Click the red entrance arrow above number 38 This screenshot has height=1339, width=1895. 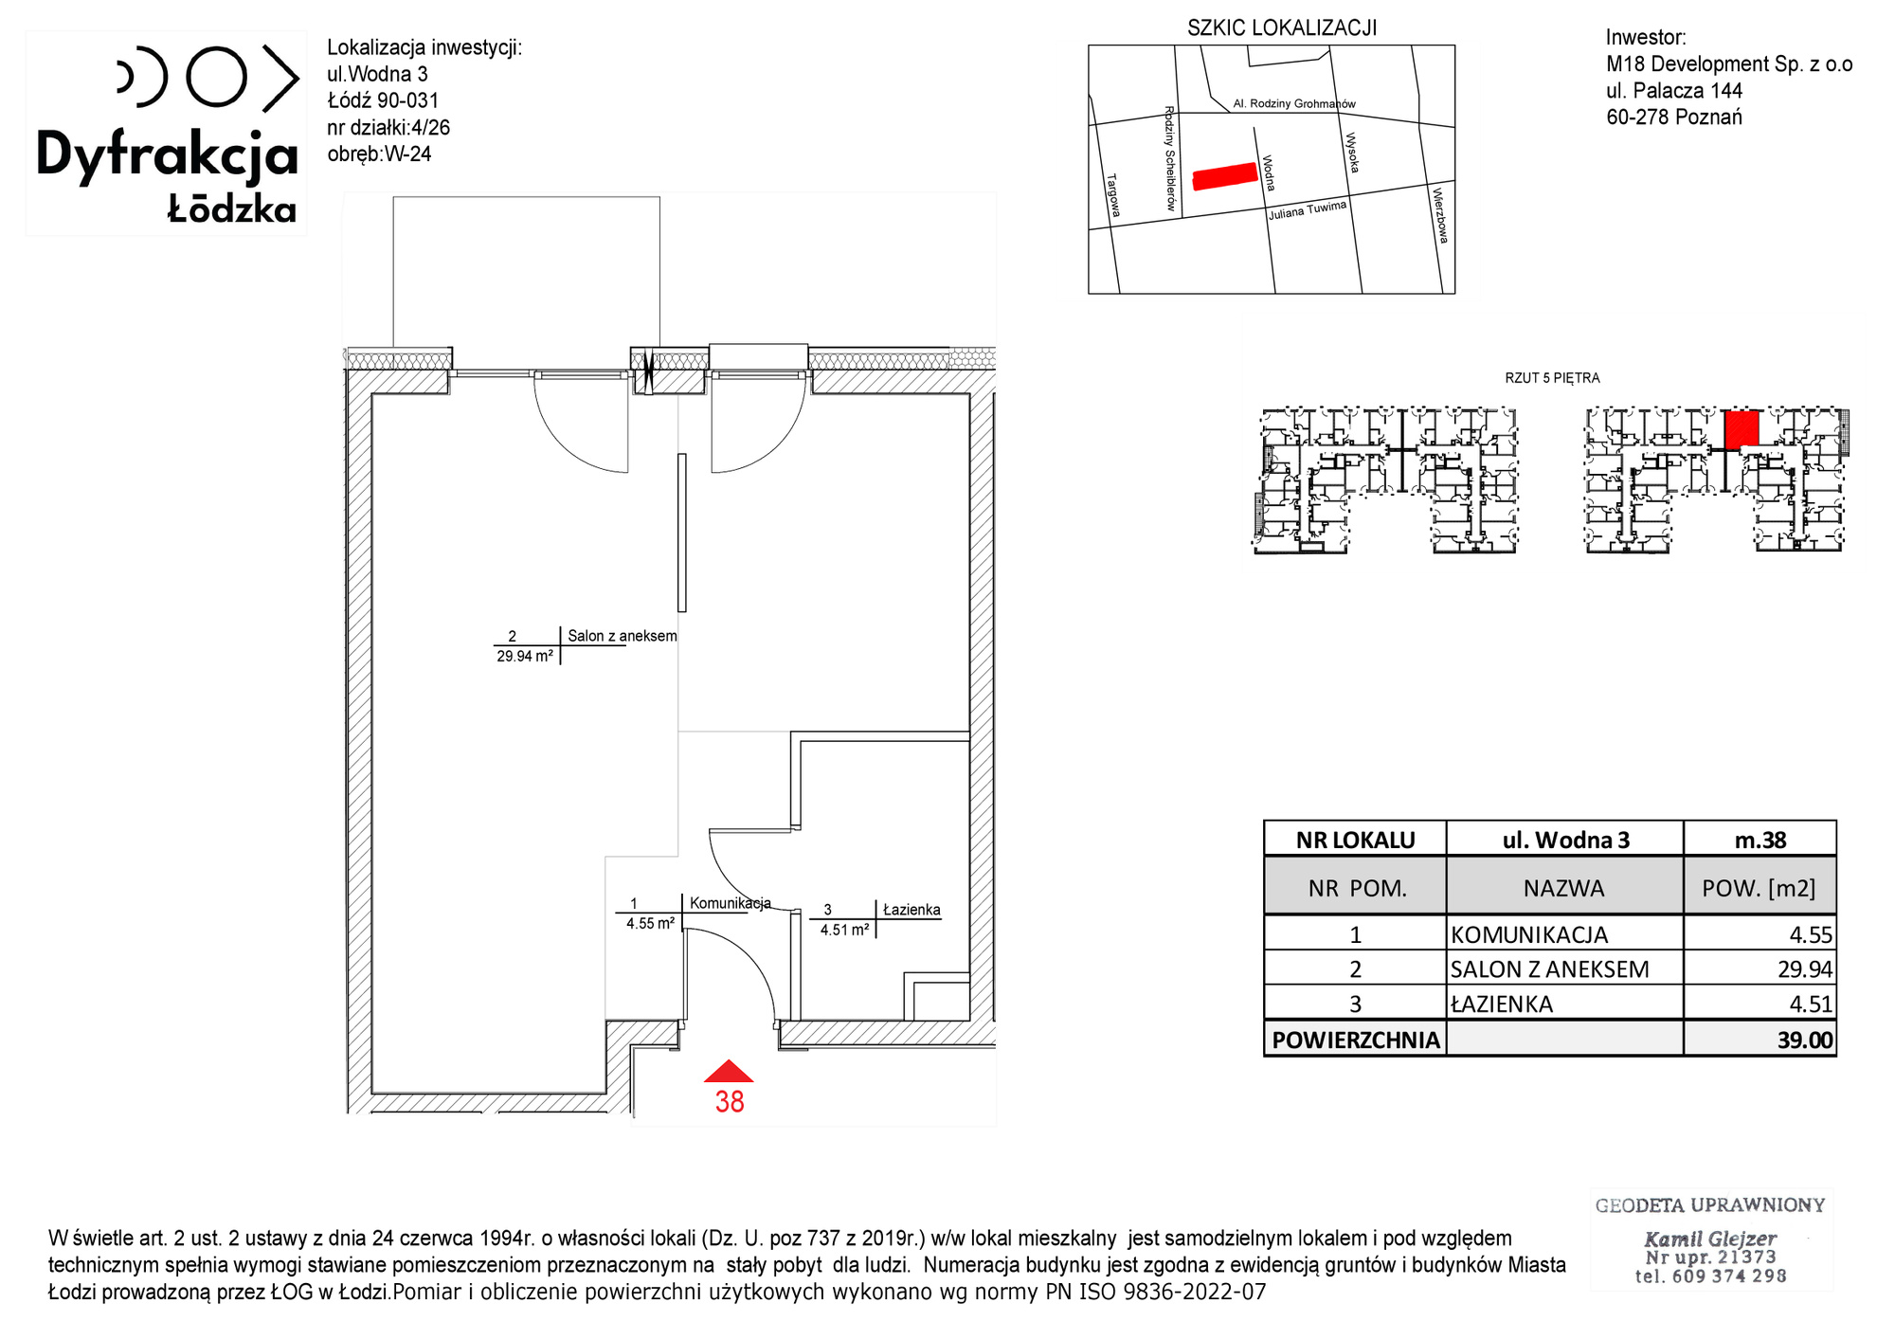(x=729, y=1072)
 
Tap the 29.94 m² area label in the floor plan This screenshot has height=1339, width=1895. (x=525, y=656)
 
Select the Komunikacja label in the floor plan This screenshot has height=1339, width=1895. (x=731, y=903)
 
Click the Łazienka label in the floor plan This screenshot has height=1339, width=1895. (x=911, y=910)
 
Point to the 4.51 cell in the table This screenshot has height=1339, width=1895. (x=1811, y=1004)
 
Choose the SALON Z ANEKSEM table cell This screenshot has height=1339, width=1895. (x=1550, y=969)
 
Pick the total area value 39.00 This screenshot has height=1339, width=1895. (x=1806, y=1040)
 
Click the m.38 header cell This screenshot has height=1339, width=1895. (x=1760, y=840)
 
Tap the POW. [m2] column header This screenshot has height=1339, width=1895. (x=1759, y=888)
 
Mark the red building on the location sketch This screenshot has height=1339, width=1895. (x=1225, y=176)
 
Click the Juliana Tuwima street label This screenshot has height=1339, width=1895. (x=1308, y=210)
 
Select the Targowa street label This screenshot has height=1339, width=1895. (x=1113, y=195)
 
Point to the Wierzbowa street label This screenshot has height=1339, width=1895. (x=1440, y=215)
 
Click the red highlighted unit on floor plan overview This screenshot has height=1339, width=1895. (x=1742, y=429)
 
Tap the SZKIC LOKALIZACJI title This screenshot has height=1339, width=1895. (x=1282, y=28)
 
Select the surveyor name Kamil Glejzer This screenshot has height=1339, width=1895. (x=1710, y=1239)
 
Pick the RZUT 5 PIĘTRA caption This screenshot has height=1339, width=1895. (x=1552, y=378)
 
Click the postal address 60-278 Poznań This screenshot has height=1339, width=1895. (x=1674, y=118)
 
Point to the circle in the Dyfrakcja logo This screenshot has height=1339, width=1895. (x=217, y=76)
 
